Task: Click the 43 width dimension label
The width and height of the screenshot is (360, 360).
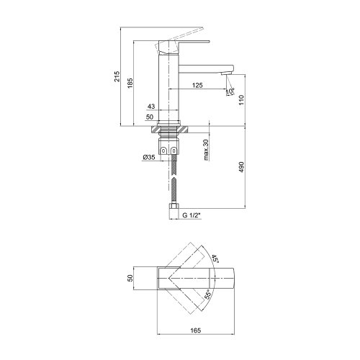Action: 150,106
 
